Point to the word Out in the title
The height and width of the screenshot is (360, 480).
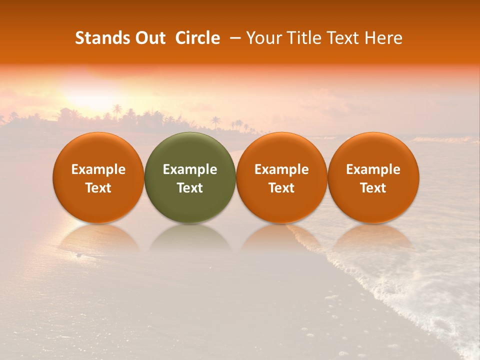149,38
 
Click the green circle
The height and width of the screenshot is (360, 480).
190,177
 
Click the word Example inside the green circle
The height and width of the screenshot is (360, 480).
190,169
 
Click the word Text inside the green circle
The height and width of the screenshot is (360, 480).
190,188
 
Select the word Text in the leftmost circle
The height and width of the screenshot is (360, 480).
98,188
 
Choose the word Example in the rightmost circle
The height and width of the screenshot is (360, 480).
373,169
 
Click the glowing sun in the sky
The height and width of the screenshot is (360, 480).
95,92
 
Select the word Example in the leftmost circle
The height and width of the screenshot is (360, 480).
98,169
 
